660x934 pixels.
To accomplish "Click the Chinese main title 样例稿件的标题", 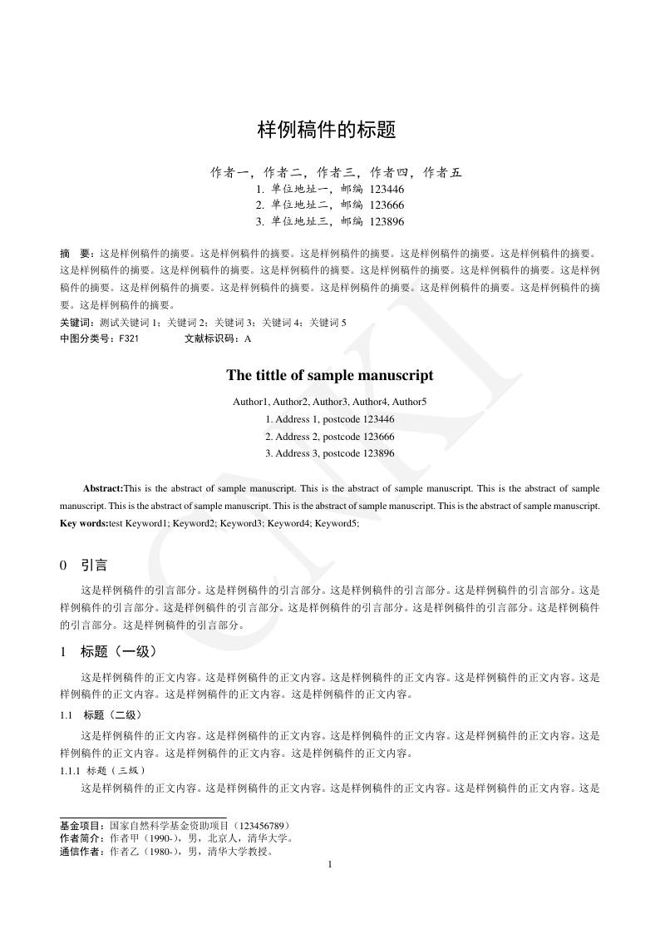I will click(326, 131).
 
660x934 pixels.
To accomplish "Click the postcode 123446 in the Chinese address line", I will click(387, 190).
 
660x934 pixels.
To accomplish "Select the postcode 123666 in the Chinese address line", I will click(387, 205).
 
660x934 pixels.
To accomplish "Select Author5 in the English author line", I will click(410, 402).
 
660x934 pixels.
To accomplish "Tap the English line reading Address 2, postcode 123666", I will click(330, 436).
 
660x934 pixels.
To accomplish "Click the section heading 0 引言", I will click(84, 566).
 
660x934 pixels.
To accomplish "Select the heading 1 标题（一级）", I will click(108, 651).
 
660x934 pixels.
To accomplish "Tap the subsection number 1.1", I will click(67, 714).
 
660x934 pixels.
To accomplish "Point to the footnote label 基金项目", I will click(80, 826).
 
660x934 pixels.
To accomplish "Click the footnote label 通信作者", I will click(80, 852).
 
